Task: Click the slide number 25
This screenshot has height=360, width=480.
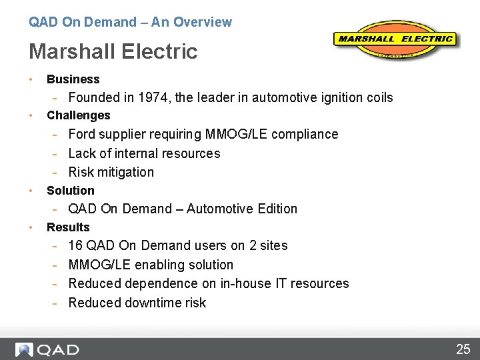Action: pyautogui.click(x=463, y=349)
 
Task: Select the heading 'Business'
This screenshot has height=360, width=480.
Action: pyautogui.click(x=73, y=79)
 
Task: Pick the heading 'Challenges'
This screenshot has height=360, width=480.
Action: pyautogui.click(x=78, y=115)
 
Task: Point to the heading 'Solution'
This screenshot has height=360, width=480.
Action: pyautogui.click(x=70, y=191)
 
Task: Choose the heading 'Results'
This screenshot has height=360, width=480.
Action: pyautogui.click(x=68, y=227)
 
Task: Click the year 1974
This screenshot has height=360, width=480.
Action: pyautogui.click(x=155, y=97)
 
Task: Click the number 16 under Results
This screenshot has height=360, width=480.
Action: pyautogui.click(x=75, y=245)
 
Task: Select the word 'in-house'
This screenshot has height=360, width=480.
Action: pyautogui.click(x=245, y=283)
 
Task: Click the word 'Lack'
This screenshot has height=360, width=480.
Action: pyautogui.click(x=83, y=153)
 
